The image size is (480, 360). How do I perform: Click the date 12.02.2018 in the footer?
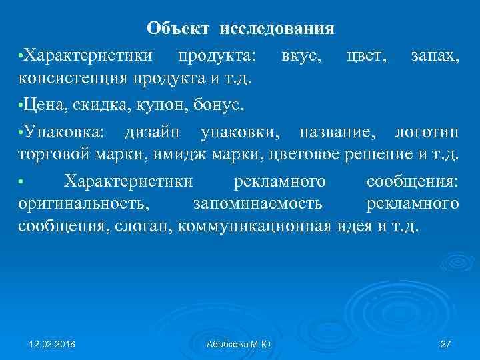tap(51, 344)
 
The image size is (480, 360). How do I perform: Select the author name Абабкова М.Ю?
tap(239, 344)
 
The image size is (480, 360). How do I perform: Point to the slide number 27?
tap(446, 344)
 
